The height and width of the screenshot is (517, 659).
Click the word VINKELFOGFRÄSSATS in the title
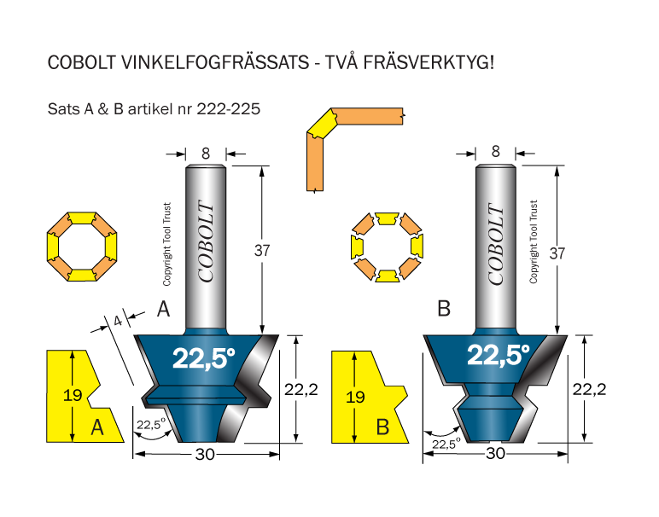click(x=215, y=63)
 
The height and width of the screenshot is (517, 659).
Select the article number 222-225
click(x=229, y=109)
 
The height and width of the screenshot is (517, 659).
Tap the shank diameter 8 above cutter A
click(x=206, y=154)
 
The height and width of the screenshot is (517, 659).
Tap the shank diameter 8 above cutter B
click(x=496, y=152)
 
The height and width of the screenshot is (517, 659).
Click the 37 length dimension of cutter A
click(x=262, y=251)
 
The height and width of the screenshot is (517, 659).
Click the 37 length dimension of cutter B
click(x=557, y=253)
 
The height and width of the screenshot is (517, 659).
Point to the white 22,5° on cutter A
click(x=203, y=358)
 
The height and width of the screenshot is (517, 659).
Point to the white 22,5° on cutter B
click(x=498, y=355)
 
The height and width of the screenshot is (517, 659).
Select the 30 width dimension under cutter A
click(x=205, y=454)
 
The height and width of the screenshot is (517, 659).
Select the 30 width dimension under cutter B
click(x=495, y=454)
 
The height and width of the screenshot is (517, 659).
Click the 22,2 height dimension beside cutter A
click(x=301, y=390)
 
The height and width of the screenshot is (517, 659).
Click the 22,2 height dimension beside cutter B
click(x=590, y=390)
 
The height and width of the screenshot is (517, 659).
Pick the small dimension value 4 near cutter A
click(x=118, y=322)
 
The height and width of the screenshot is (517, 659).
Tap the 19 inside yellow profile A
click(x=73, y=395)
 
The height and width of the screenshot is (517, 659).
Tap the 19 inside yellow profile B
click(x=355, y=397)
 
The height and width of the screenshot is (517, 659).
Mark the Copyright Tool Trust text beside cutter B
click(x=534, y=242)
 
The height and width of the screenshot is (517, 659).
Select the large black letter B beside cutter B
click(x=444, y=309)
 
